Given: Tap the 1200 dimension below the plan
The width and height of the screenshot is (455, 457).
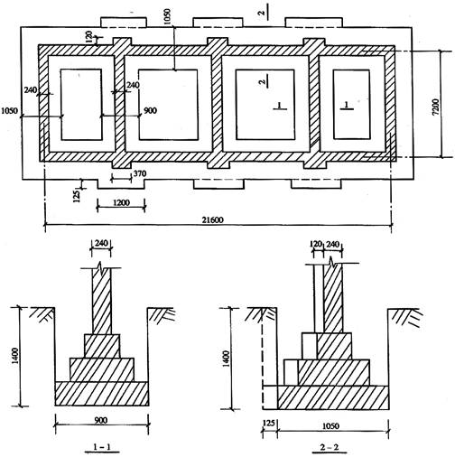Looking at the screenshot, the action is [x=121, y=202].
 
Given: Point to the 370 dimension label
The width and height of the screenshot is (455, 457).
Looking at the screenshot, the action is [x=140, y=173].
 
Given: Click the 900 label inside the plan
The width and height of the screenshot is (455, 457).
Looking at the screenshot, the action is [x=150, y=110].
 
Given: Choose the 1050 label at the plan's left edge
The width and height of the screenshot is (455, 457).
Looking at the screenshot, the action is [x=10, y=111].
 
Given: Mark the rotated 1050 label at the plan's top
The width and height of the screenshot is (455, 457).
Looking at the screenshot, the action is [x=166, y=16].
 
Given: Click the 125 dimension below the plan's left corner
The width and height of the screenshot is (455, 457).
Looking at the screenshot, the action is [x=77, y=196].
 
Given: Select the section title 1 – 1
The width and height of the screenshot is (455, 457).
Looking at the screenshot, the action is [x=102, y=447].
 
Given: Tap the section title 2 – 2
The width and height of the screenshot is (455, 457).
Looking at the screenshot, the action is [x=330, y=447].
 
